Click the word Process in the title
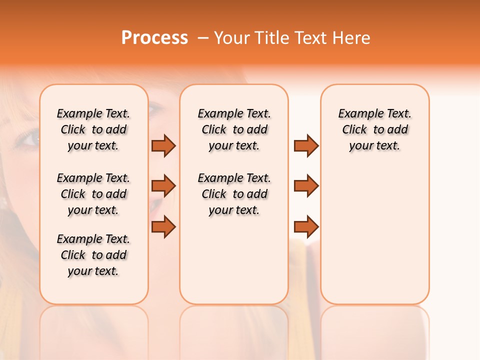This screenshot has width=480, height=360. coord(154,38)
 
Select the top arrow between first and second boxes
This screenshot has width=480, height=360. coord(163,145)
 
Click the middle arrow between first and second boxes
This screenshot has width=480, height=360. coord(163,186)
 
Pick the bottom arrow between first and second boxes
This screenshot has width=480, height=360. coord(163,227)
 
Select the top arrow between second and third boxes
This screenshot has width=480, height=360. coord(306,145)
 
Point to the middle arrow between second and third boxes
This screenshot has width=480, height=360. coord(306,186)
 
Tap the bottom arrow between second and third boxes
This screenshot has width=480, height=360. coord(306,227)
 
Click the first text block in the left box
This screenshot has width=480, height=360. coord(93,129)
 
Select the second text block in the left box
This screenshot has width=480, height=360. coord(93,194)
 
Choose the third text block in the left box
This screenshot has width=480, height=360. coord(93,255)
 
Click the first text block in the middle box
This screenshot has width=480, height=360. coord(234,129)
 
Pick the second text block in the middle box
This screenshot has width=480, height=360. coord(234,194)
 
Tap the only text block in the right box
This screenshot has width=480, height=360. coord(374,129)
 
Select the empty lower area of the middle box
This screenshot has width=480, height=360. coord(234,260)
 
